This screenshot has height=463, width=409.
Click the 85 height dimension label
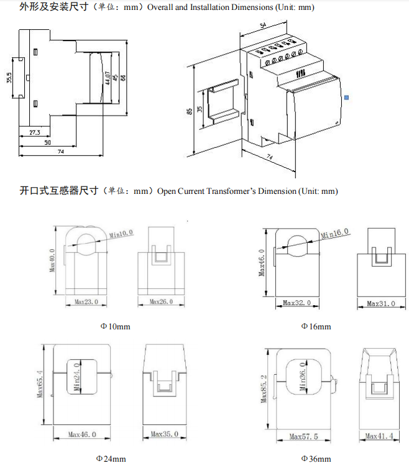[x=188, y=111]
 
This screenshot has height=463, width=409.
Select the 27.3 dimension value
[x=35, y=132]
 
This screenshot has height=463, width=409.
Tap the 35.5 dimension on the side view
[x=9, y=79]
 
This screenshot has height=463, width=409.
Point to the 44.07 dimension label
[x=108, y=77]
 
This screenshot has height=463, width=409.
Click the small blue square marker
[x=347, y=97]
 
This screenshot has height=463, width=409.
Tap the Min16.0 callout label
[x=336, y=233]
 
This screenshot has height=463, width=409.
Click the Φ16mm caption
[x=316, y=326]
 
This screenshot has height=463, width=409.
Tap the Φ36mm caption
[x=316, y=459]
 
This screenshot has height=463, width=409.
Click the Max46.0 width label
[x=83, y=434]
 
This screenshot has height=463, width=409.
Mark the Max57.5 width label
[x=303, y=437]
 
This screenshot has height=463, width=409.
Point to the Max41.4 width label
[x=380, y=437]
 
